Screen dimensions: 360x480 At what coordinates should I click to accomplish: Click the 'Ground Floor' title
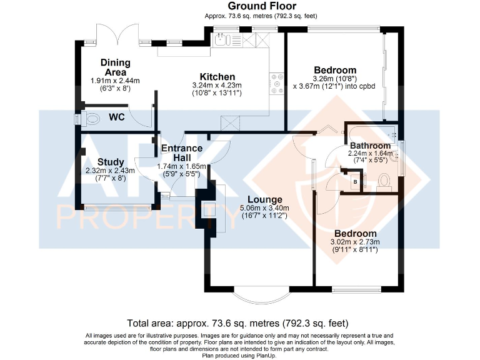pos(240,6)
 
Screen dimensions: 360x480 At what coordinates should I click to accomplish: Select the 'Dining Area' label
pos(116,67)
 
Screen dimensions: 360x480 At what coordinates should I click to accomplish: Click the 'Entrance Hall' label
pos(182,153)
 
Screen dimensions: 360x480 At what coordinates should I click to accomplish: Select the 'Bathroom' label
pos(370,146)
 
